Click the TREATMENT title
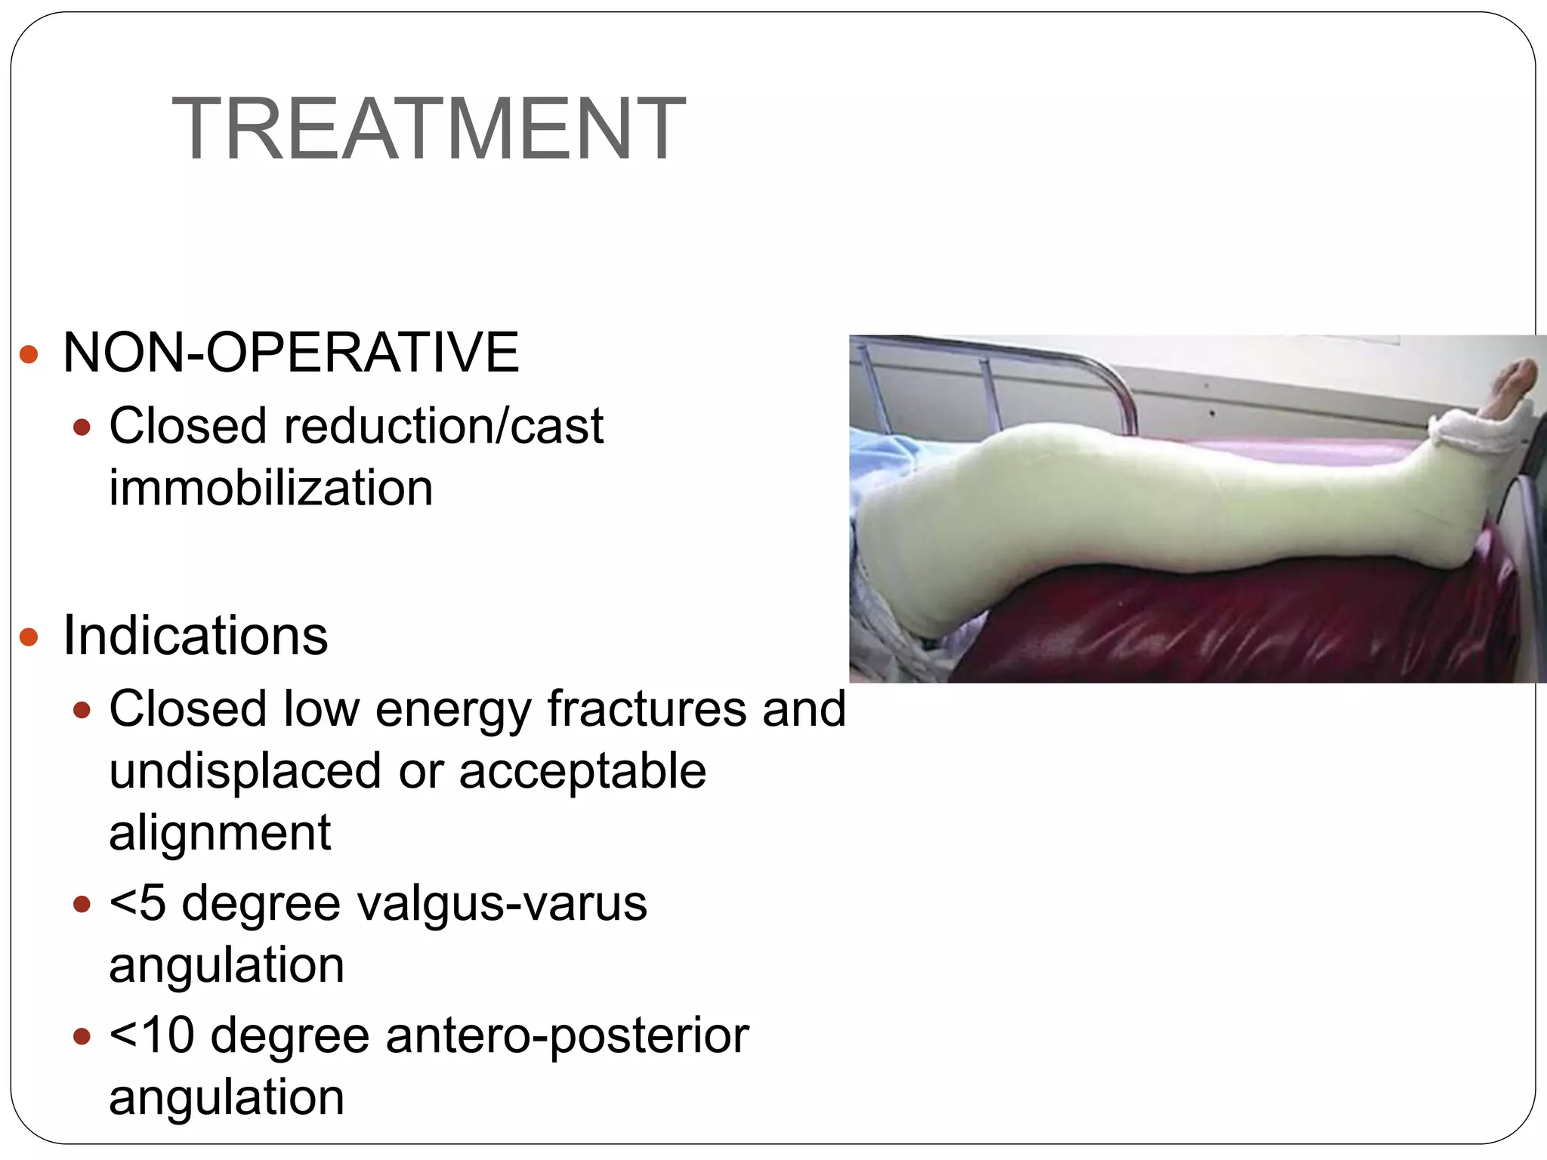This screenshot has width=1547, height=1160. [x=428, y=128]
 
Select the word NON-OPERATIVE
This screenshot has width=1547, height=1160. [x=291, y=352]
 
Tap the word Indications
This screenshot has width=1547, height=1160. [x=196, y=635]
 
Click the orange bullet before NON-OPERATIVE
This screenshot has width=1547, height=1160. [x=29, y=353]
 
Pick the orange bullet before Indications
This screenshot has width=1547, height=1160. [x=29, y=637]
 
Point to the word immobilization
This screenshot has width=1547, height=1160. [x=271, y=488]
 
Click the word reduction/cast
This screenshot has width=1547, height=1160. [x=443, y=426]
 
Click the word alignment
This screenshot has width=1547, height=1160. [x=220, y=833]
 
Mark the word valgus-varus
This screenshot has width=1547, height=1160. [x=502, y=902]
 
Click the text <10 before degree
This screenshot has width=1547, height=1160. [x=152, y=1035]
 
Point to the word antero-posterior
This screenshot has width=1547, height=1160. [x=567, y=1035]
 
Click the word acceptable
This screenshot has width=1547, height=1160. [x=582, y=771]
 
